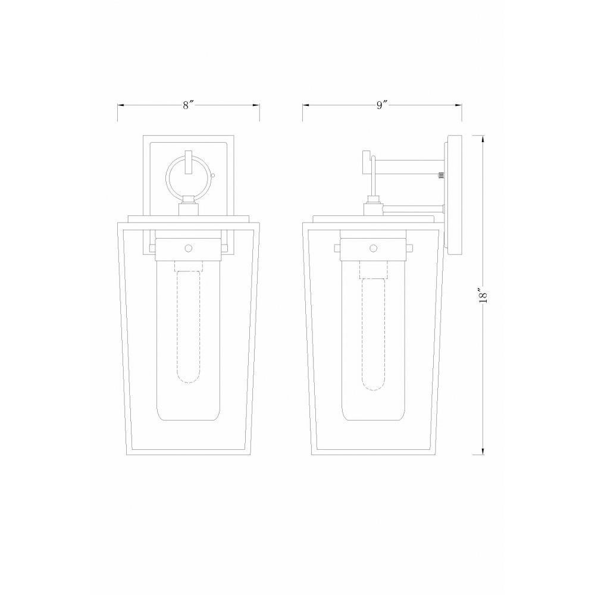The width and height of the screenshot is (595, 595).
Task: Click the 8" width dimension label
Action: coord(188,105)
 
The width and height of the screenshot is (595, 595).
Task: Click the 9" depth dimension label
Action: coord(382,105)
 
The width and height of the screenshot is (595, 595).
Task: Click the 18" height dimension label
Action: coord(483,295)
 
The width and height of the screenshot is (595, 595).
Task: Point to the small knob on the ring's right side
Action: coord(212,176)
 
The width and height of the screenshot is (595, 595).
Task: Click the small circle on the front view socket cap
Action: coord(188,249)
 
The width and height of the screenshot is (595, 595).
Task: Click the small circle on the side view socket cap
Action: coord(374,249)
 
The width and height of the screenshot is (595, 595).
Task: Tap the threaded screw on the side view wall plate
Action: coord(441,176)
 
